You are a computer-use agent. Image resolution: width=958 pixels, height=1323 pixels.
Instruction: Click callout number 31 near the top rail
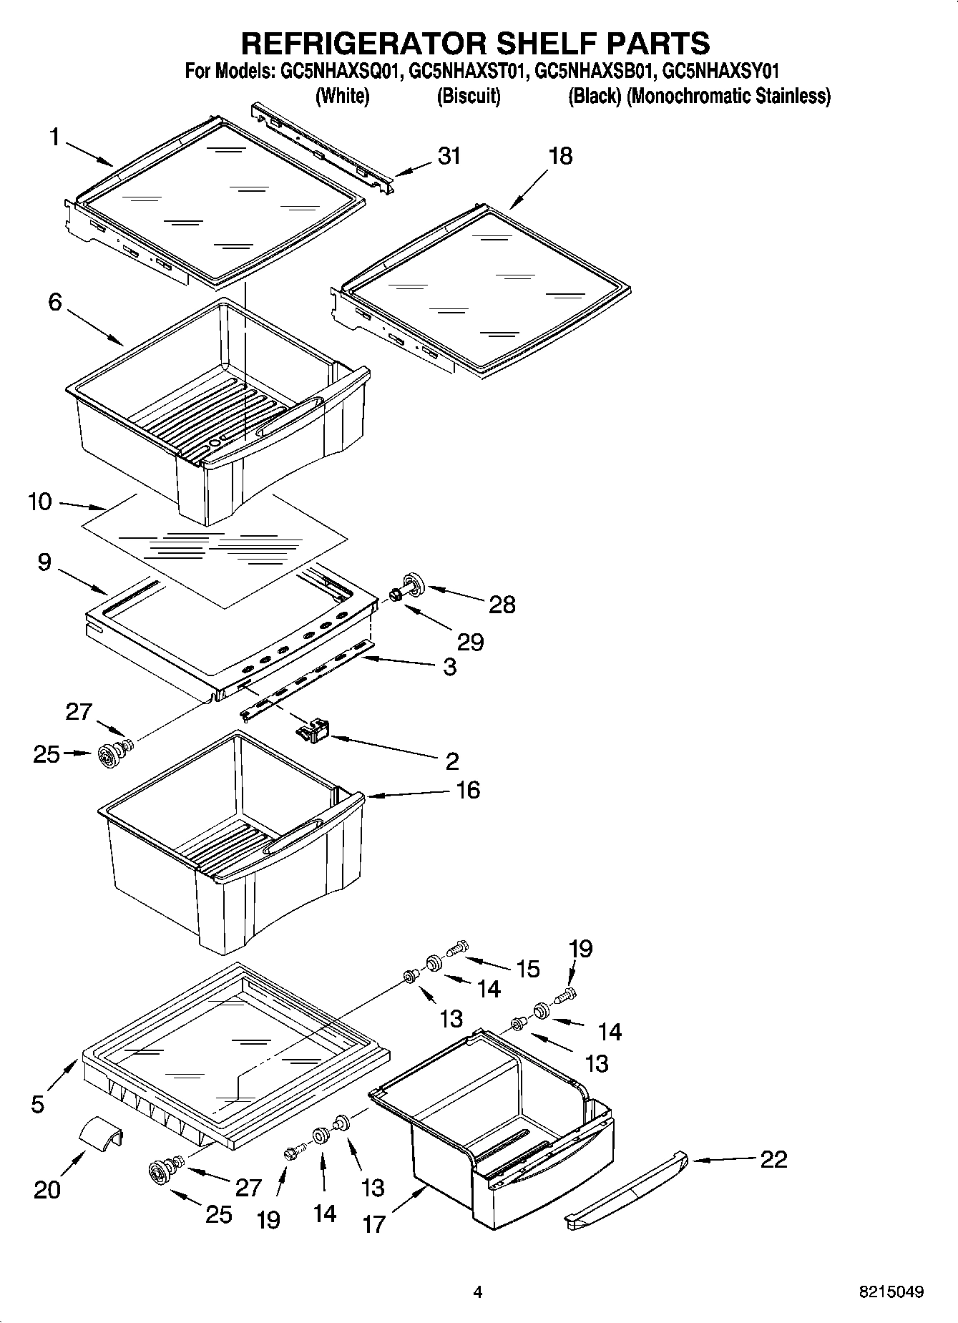(449, 156)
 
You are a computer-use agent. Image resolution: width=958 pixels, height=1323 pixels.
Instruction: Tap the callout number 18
(560, 156)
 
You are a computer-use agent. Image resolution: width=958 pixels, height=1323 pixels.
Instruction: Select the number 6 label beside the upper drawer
(55, 302)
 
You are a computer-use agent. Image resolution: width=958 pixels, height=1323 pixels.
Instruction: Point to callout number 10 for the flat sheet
(40, 502)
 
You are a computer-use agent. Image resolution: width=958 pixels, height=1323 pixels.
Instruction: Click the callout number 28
(502, 605)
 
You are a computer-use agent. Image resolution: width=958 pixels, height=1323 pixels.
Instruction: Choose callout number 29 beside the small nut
(470, 642)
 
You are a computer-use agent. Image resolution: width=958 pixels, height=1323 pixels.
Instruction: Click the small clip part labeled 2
(313, 731)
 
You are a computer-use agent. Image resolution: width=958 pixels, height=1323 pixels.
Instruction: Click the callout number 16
(468, 790)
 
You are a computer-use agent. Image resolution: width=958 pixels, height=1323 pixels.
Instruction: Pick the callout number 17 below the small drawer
(373, 1224)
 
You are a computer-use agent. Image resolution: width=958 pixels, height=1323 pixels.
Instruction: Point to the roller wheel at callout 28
(414, 583)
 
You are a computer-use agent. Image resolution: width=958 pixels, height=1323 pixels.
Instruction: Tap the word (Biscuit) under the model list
(469, 96)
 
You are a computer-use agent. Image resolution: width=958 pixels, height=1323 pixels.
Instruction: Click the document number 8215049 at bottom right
(891, 1292)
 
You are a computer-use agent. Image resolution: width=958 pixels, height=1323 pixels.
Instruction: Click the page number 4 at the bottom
(478, 1292)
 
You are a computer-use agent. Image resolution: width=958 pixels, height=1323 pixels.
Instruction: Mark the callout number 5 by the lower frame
(38, 1104)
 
